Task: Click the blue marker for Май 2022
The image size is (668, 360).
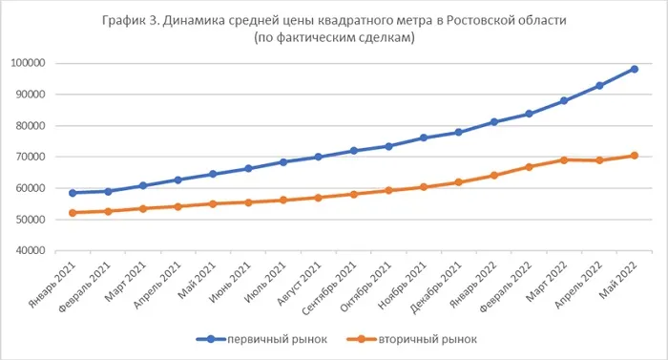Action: point(634,69)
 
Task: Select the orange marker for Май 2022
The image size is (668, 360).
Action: point(634,156)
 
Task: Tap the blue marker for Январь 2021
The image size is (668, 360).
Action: point(73,193)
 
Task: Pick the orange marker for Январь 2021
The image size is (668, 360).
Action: point(73,213)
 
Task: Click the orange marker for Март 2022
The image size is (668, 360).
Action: point(564,159)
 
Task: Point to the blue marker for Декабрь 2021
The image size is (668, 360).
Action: point(458,132)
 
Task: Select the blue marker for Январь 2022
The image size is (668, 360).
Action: point(493,122)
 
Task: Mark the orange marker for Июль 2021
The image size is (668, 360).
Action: point(283,201)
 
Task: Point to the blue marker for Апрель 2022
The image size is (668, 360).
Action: point(598,86)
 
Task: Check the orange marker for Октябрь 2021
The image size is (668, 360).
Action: point(388,190)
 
